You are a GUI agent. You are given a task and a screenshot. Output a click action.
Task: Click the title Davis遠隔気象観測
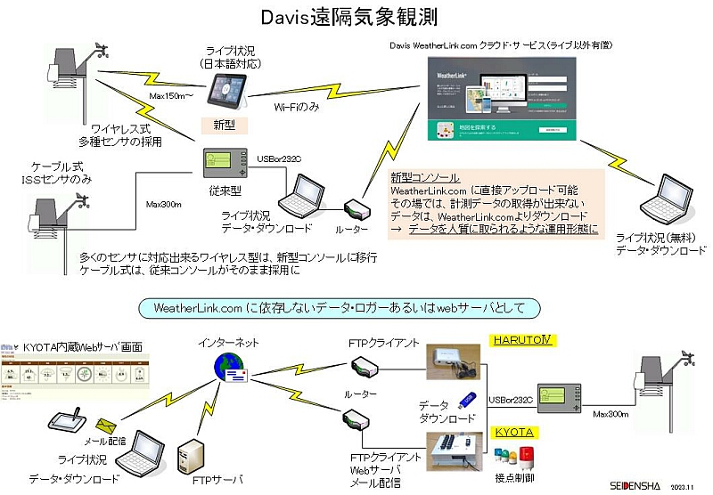(x=356, y=18)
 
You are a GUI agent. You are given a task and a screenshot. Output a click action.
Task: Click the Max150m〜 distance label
(x=169, y=95)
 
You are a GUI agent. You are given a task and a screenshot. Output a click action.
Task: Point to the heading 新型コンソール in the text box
(x=425, y=178)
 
